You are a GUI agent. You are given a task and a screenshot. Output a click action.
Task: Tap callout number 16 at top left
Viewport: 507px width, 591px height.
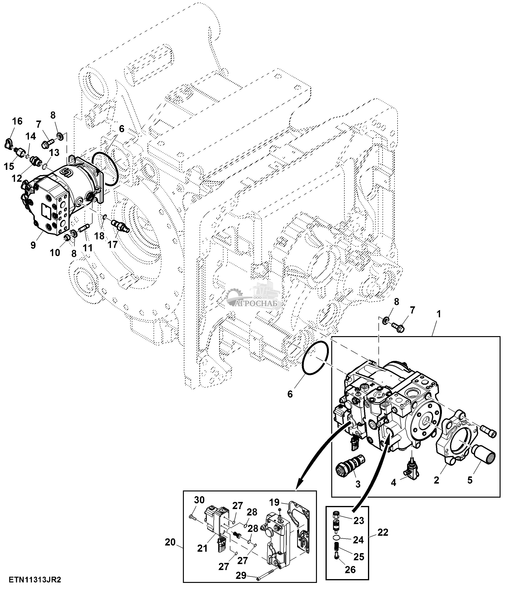17,121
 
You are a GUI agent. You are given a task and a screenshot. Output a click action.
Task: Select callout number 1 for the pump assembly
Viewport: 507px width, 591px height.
439,314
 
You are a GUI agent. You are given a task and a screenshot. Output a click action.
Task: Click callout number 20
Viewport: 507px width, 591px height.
170,542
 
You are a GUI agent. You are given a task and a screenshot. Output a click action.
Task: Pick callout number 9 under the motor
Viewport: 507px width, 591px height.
33,245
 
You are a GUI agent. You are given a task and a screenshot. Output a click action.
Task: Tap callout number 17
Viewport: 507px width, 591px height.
113,244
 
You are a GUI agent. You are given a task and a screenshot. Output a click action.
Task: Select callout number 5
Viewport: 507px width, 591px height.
470,480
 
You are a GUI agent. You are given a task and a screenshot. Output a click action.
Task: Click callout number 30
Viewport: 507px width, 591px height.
200,500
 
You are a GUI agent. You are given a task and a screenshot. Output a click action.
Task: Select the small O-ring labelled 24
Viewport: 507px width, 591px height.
336,538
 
